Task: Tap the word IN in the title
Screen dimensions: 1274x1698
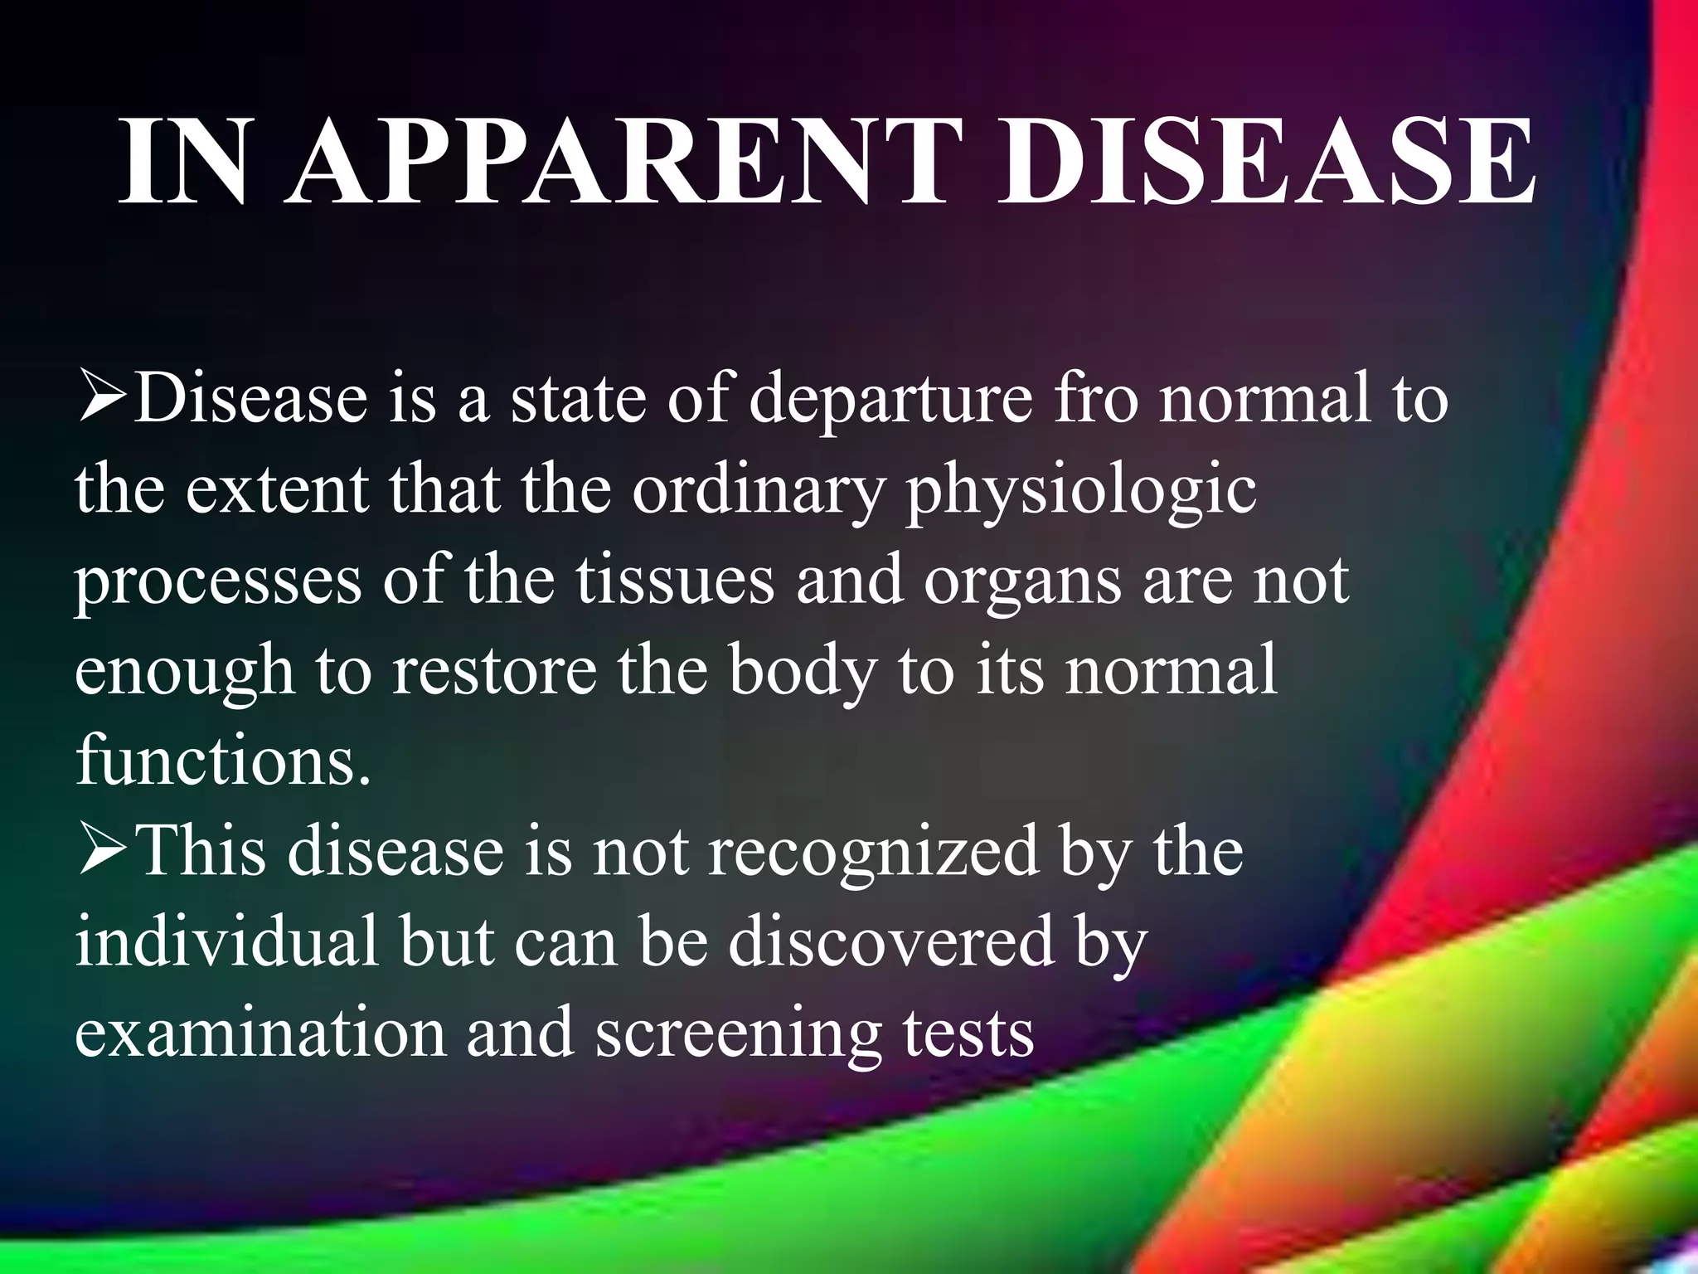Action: tap(184, 161)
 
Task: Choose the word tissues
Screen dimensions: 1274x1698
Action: tap(675, 581)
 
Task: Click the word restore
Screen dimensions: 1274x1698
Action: tap(494, 672)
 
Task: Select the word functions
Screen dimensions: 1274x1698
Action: tap(222, 761)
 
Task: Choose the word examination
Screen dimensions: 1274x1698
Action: tap(260, 1033)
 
